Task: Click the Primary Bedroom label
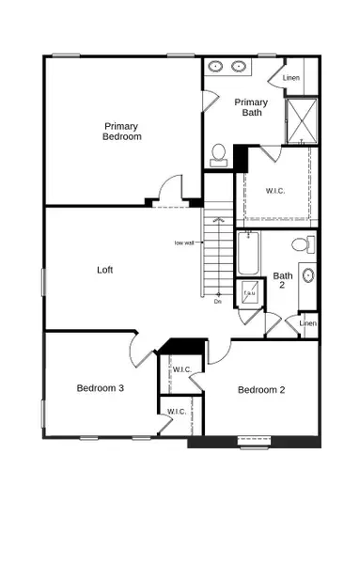coord(122,131)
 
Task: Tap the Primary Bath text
coord(251,107)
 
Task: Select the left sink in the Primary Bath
coord(216,68)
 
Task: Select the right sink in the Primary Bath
coord(239,68)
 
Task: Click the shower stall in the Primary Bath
coord(301,119)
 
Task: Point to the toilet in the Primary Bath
coord(218,153)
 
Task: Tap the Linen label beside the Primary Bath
coord(291,77)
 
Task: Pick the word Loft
coord(105,270)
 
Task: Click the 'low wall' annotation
coord(184,243)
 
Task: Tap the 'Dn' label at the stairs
coord(217,302)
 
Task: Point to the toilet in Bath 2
coord(301,245)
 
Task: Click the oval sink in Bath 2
coord(307,276)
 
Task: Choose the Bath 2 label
coord(282,282)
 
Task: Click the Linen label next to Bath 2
coord(307,323)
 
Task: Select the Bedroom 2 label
coord(260,390)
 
